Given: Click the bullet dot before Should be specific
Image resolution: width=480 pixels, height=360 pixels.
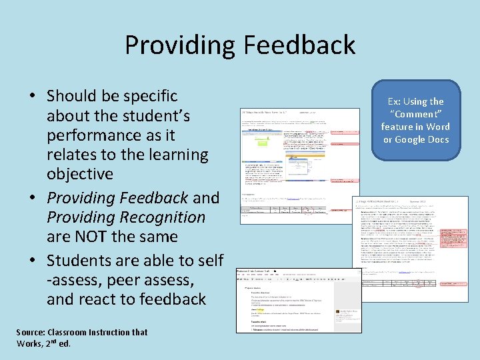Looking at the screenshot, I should click(32, 97).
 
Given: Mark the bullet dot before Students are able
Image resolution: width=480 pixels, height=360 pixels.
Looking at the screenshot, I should click(32, 261).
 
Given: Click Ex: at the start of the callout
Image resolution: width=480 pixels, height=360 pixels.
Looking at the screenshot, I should click(394, 101).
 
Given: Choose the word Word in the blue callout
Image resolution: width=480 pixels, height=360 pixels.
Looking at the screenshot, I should click(437, 127).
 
